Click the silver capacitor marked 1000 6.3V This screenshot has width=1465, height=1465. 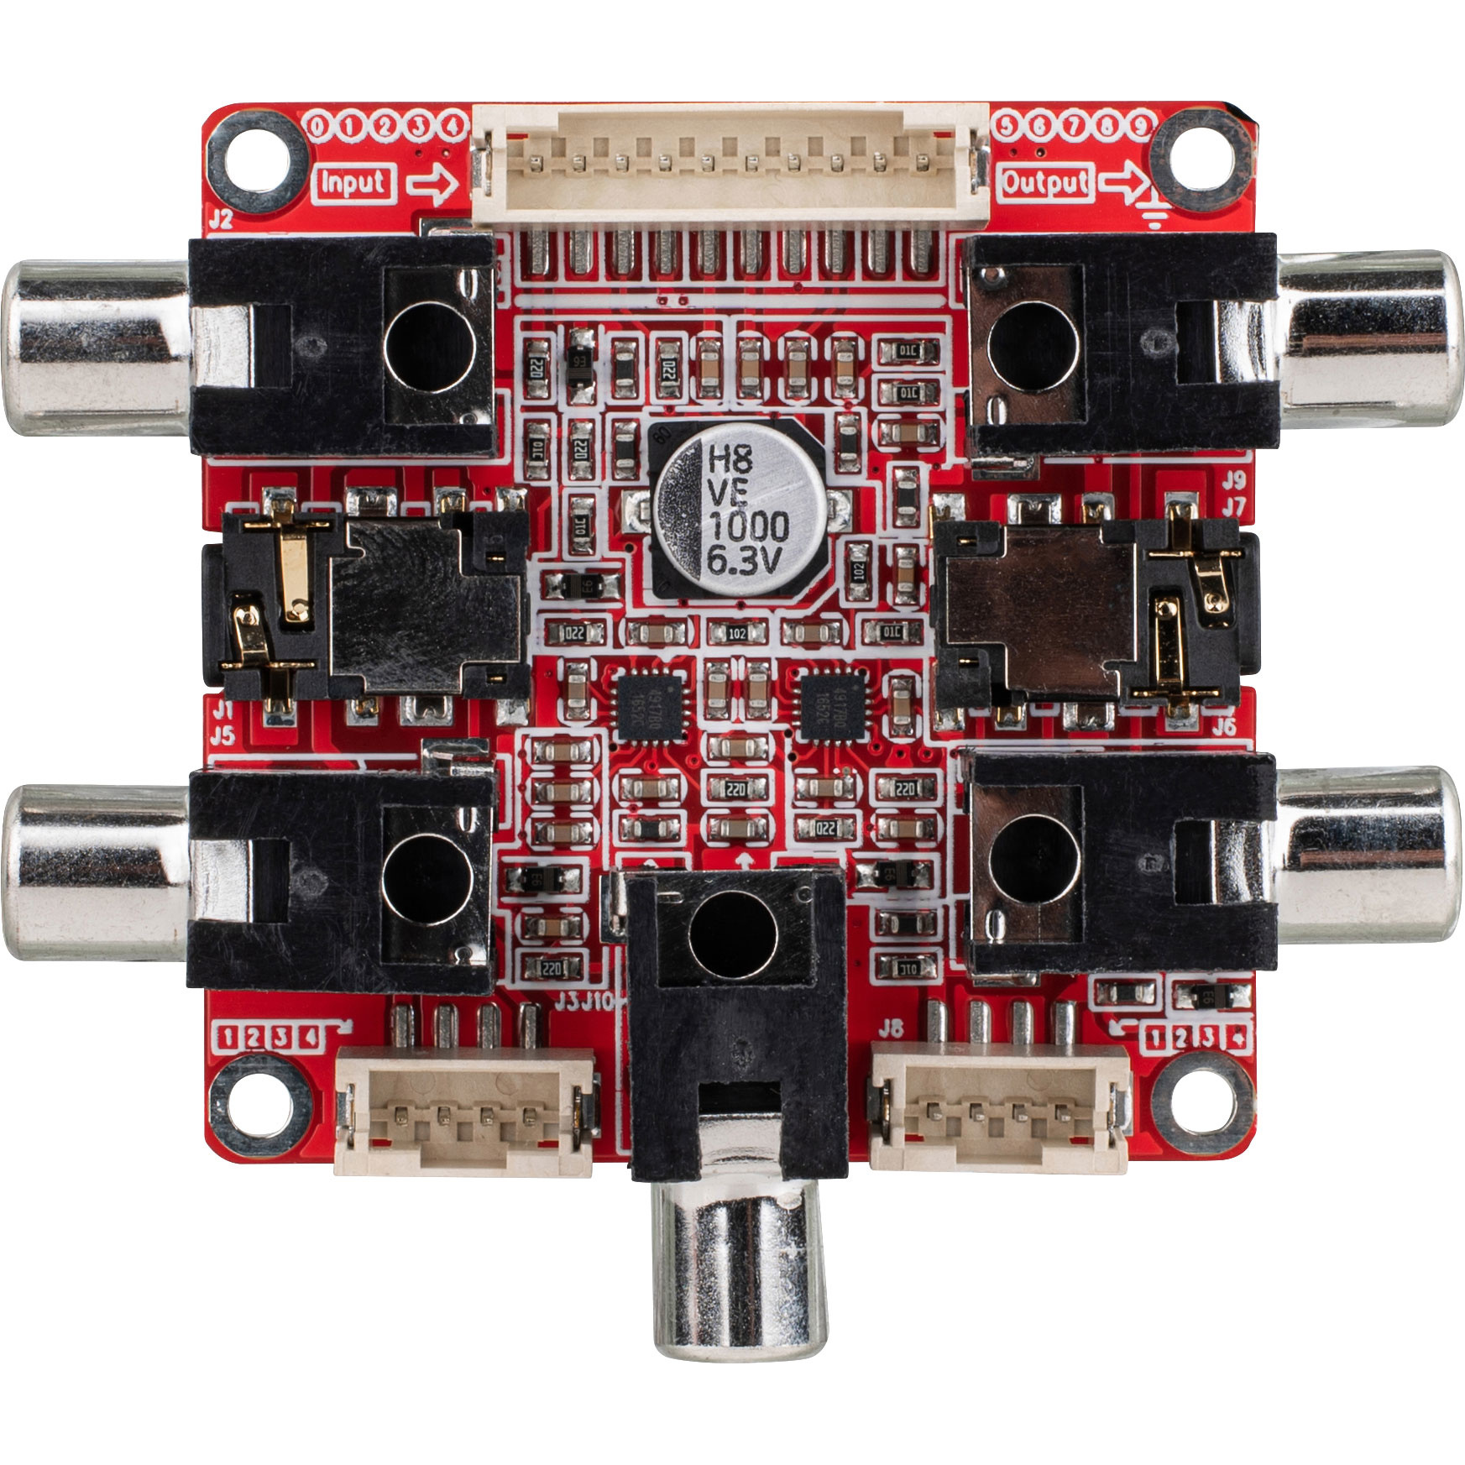[x=737, y=511]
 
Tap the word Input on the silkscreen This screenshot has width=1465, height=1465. [x=353, y=183]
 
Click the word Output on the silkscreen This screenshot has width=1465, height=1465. [x=1045, y=182]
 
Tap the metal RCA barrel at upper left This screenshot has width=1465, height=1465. [x=97, y=347]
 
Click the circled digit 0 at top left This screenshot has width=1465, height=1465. [x=318, y=127]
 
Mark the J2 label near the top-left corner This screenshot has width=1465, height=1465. [x=220, y=220]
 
